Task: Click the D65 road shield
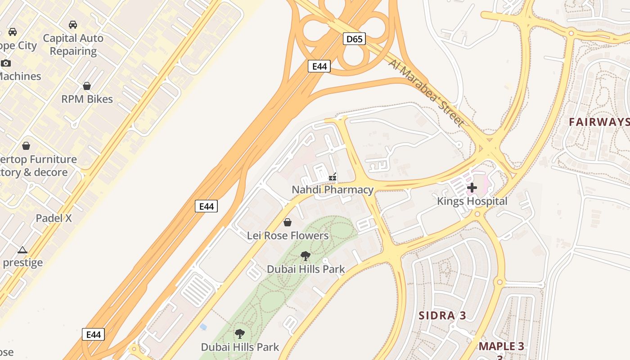coord(354,39)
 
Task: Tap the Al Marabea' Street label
coord(426,93)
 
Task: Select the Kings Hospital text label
coord(472,201)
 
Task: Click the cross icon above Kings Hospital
coord(472,187)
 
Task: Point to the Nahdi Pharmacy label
coord(333,190)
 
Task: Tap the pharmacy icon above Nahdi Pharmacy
coord(333,177)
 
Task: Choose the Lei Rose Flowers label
coord(288,235)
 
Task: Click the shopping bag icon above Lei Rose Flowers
coord(288,222)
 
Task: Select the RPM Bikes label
coord(87,99)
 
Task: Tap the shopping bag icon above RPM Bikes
coord(87,86)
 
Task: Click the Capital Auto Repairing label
coord(73,45)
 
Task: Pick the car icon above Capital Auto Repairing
coord(73,25)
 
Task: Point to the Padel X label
coord(54,218)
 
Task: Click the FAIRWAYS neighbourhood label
coord(598,122)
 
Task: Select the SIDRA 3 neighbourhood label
coord(442,315)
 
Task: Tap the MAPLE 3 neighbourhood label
coord(501,346)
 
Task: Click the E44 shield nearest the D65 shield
coord(319,67)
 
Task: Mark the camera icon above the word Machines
coord(6,63)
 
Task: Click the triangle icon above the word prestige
coord(22,250)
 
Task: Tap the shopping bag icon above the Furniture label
coord(26,146)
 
